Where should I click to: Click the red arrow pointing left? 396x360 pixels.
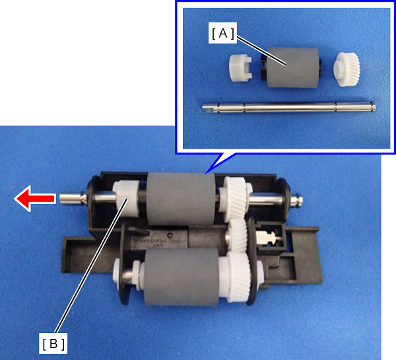(x=35, y=198)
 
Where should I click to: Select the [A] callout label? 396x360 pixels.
(x=222, y=33)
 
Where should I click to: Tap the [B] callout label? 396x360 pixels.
(x=53, y=343)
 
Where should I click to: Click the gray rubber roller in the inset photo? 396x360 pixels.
(x=292, y=67)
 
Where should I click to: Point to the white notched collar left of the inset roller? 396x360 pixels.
(x=240, y=67)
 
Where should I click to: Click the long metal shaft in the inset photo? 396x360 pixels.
(x=288, y=107)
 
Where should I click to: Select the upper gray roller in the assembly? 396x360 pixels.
(x=181, y=199)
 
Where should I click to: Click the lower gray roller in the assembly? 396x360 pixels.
(x=181, y=277)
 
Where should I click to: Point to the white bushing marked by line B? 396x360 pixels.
(x=125, y=199)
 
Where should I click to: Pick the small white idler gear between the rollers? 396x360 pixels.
(x=238, y=236)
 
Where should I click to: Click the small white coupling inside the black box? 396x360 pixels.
(x=267, y=237)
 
